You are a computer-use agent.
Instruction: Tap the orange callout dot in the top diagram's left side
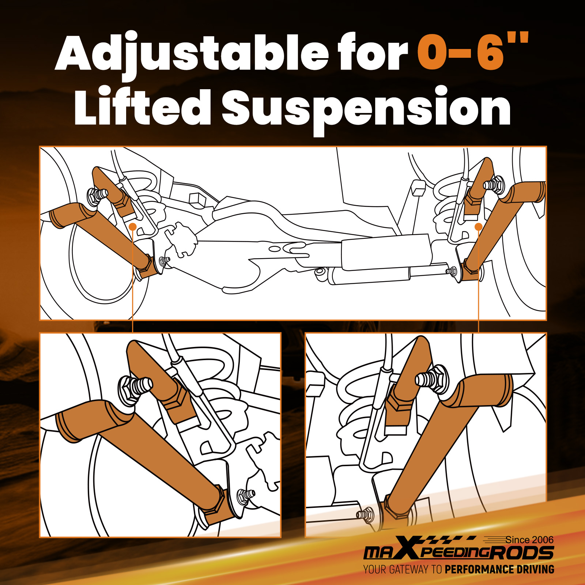coord(133,227)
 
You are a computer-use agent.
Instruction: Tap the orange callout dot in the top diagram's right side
coord(478,227)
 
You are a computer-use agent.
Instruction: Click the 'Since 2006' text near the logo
coord(529,540)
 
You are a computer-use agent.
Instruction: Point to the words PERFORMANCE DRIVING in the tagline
coord(499,569)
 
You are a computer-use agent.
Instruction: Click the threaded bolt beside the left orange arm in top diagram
coord(97,195)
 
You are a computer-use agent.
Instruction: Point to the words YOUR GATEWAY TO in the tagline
coord(403,569)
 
